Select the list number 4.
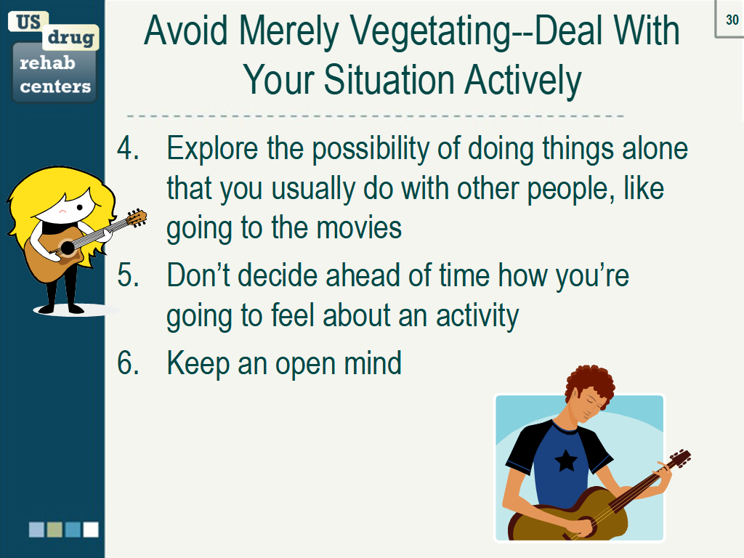pos(128,148)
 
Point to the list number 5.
pos(128,275)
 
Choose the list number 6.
pos(128,363)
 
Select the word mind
pos(373,363)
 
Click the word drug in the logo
pos(70,38)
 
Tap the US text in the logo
pos(28,22)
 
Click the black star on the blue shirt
pos(565,460)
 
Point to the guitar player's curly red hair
pos(589,383)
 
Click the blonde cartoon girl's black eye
pos(80,207)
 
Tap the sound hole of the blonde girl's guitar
pos(68,247)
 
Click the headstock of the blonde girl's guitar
pos(137,218)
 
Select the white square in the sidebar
pos(91,530)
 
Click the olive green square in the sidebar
pos(54,530)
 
